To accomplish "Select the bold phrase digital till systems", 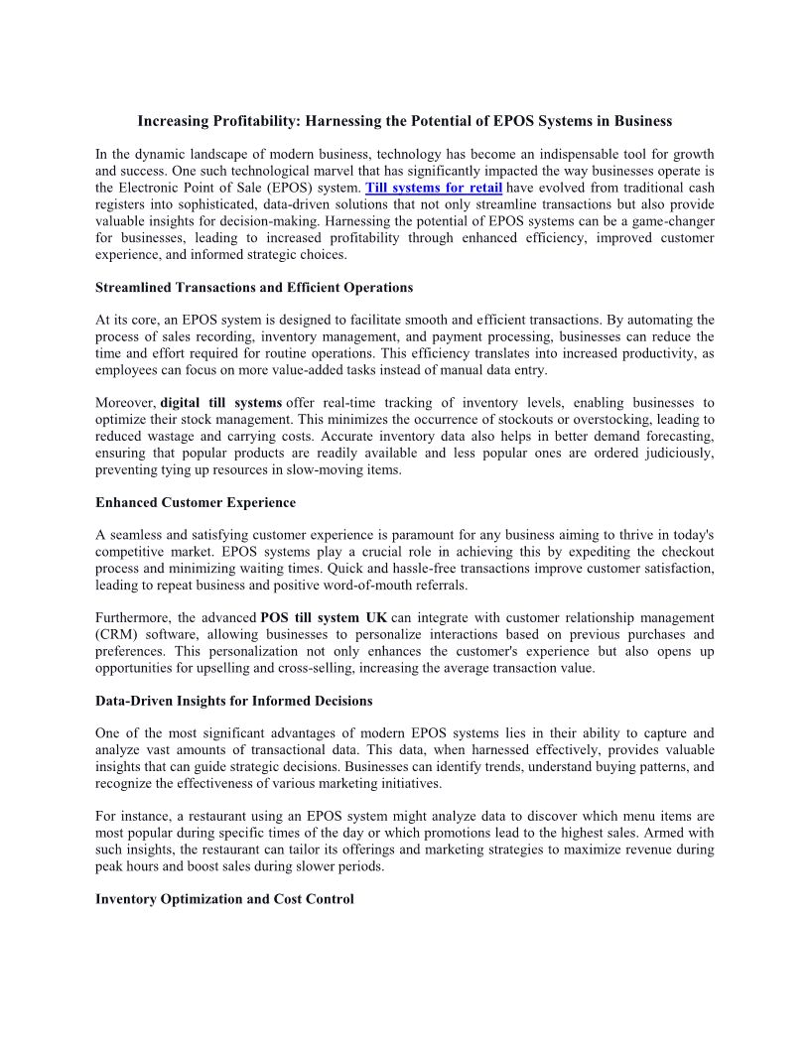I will pyautogui.click(x=220, y=403).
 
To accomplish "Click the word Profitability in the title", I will pyautogui.click(x=234, y=121).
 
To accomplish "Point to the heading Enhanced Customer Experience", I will pyautogui.click(x=196, y=502).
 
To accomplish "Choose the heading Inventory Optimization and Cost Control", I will pyautogui.click(x=224, y=899).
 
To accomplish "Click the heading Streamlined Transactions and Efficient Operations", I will pyautogui.click(x=254, y=288).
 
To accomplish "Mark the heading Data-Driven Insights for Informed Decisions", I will pyautogui.click(x=234, y=701).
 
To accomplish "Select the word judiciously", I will pyautogui.click(x=673, y=454).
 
